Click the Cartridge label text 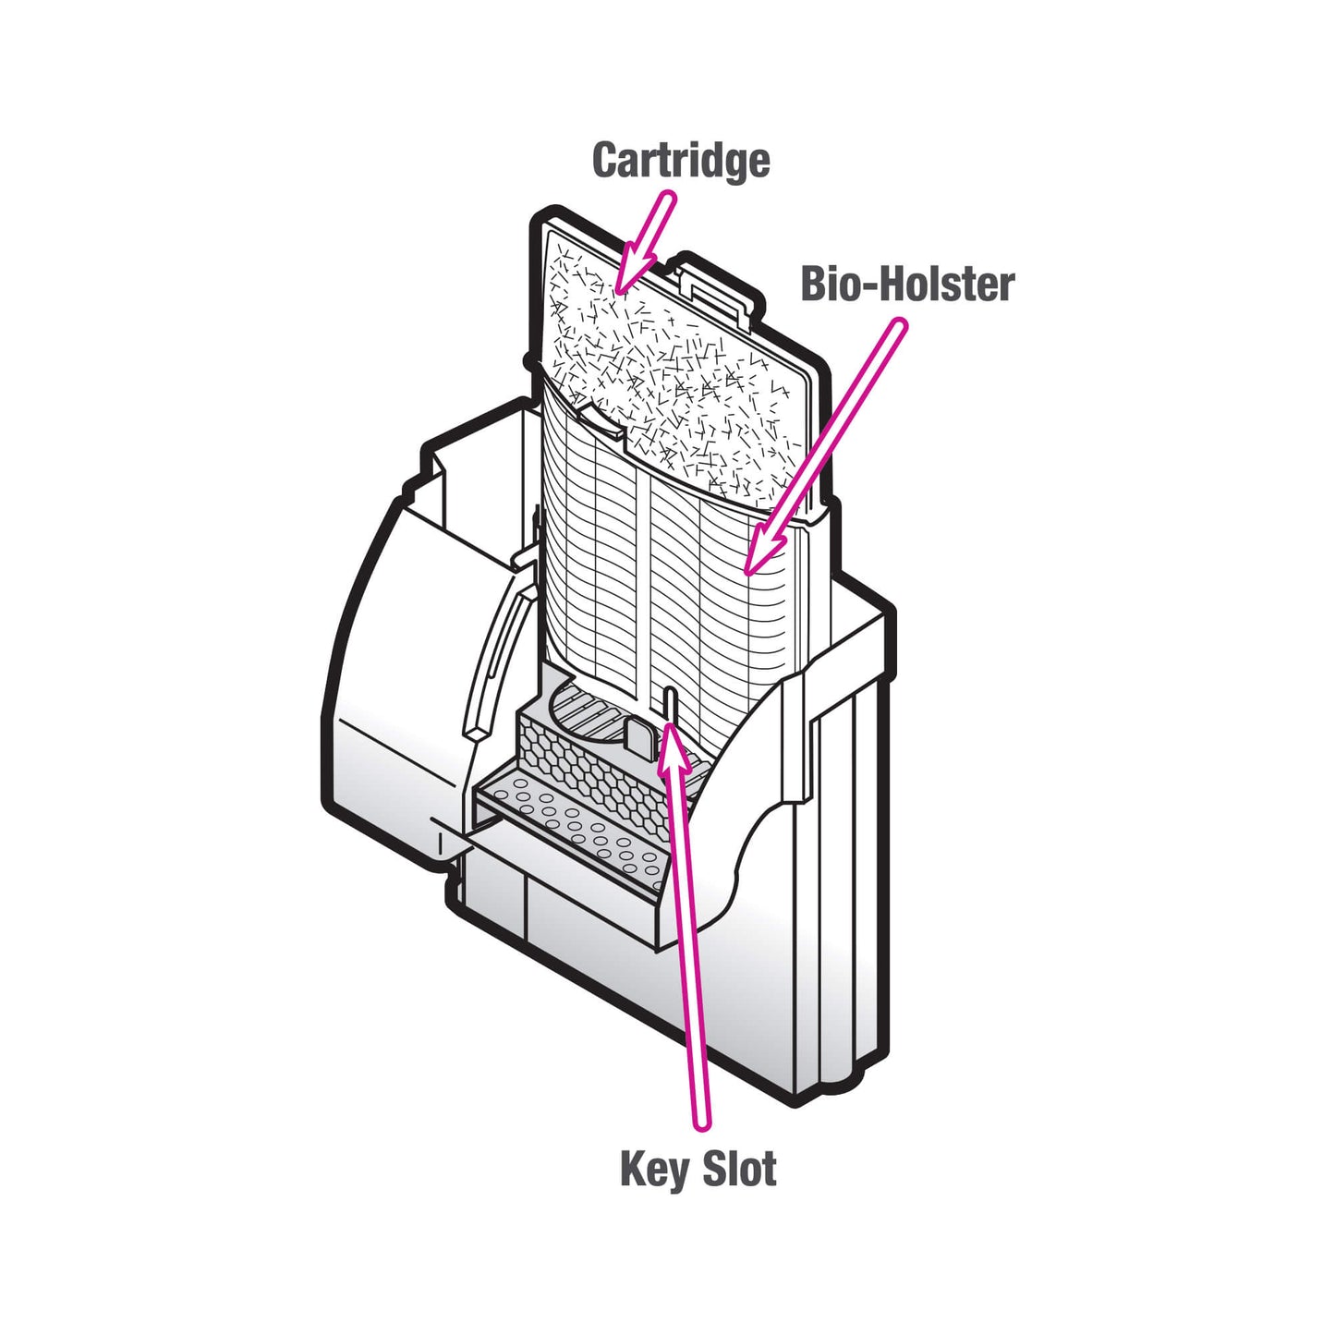point(681,160)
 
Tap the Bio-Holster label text point(907,284)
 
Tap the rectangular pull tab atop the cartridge point(717,290)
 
